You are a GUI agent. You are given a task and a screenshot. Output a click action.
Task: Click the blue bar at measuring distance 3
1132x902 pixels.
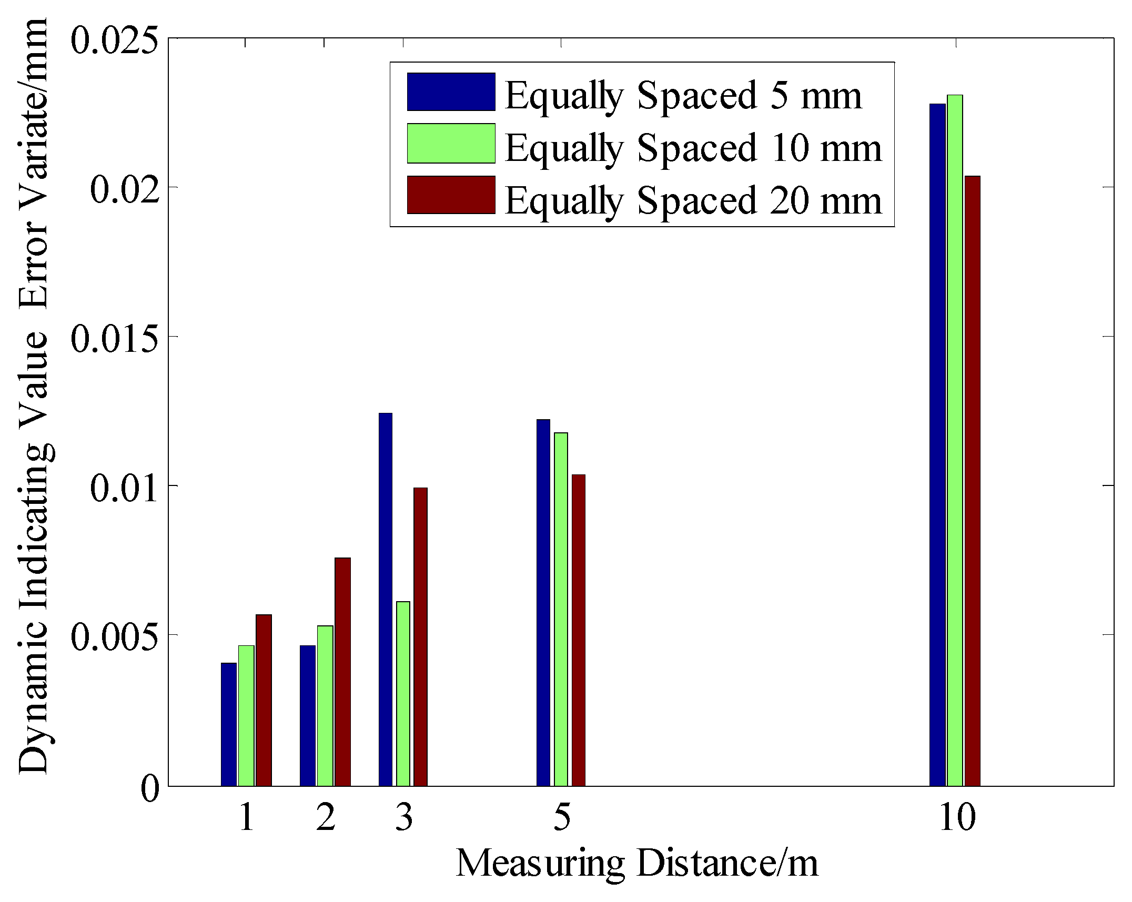click(386, 600)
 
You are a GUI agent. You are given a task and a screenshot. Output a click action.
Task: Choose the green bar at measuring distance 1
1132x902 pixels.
click(246, 715)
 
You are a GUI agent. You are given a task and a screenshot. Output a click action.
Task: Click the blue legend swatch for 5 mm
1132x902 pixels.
click(451, 92)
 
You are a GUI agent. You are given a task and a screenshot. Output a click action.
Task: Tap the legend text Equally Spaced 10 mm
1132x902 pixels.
click(693, 148)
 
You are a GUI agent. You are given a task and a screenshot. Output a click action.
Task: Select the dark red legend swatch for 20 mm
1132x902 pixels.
click(451, 195)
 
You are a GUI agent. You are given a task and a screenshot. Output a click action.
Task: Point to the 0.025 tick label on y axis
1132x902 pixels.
click(114, 40)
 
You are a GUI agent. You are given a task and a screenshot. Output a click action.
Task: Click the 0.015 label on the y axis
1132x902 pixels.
click(114, 338)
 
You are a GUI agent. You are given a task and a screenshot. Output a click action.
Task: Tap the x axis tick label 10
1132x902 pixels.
click(956, 817)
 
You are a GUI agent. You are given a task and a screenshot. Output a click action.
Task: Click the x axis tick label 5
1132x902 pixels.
click(562, 817)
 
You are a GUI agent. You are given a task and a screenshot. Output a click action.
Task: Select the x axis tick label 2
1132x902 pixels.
click(326, 817)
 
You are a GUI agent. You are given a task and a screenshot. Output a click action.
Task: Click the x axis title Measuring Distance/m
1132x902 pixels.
click(636, 864)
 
